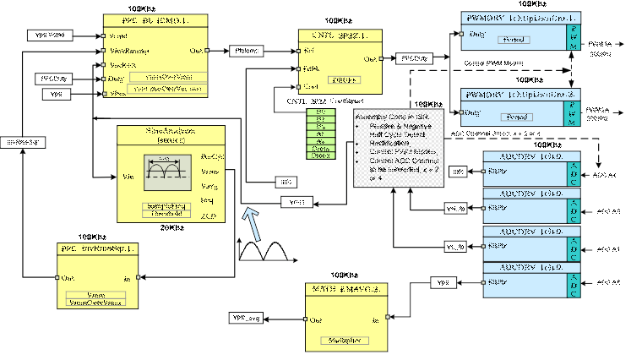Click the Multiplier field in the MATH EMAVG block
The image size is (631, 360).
click(x=342, y=340)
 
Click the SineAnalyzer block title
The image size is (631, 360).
click(x=171, y=131)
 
